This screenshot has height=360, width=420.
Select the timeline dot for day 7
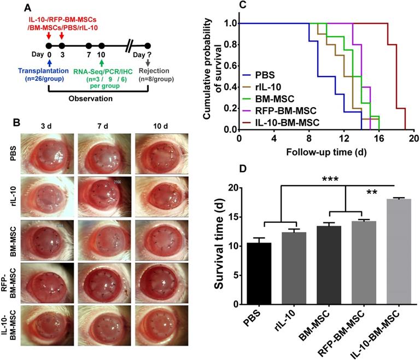[89, 46]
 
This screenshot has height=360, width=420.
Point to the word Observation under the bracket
[90, 99]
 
